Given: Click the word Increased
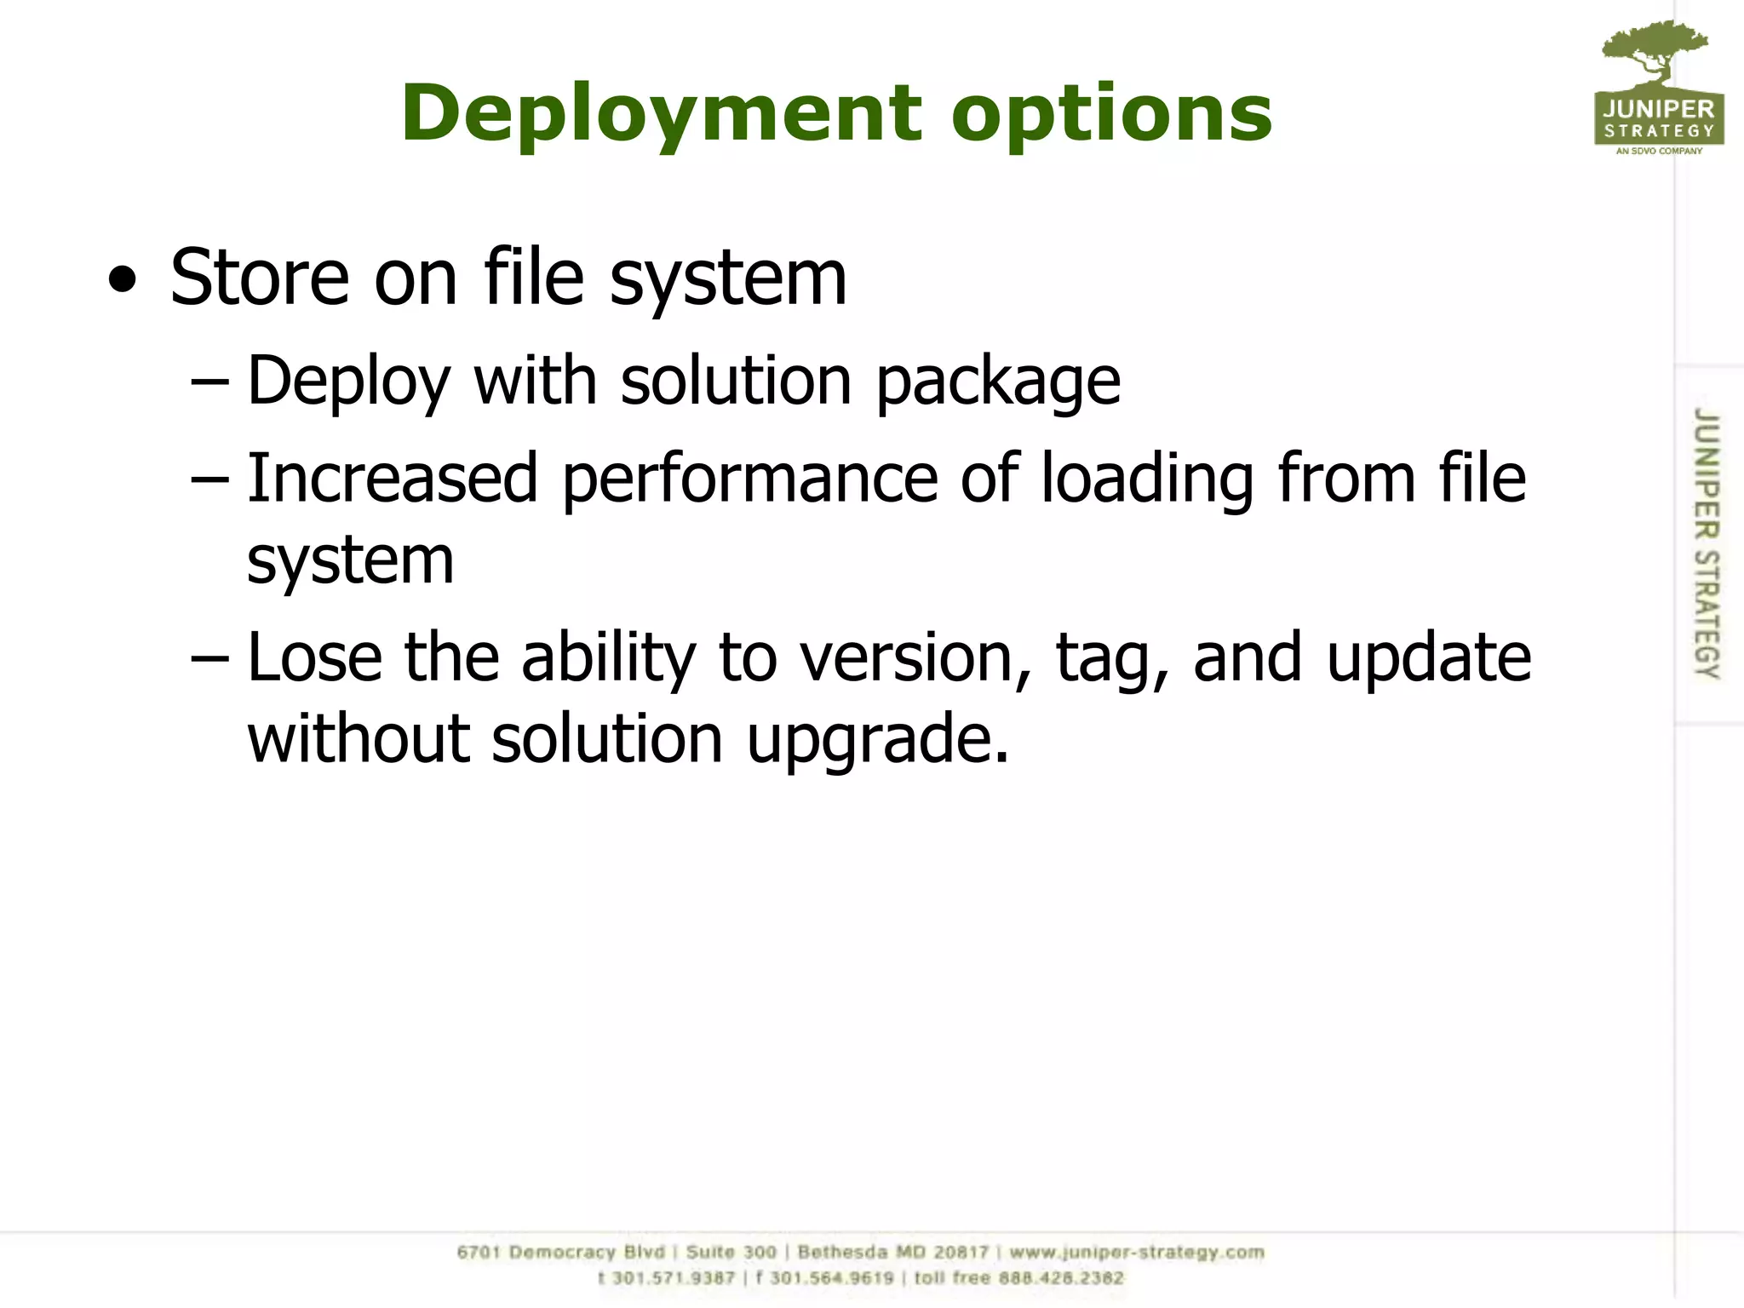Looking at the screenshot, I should coord(392,478).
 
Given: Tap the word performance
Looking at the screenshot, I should coord(749,479).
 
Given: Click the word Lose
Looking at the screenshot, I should coord(314,657).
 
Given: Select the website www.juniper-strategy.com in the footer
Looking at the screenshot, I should coord(1137,1252).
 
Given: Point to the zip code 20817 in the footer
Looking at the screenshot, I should coord(961,1252).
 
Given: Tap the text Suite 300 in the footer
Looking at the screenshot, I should coord(731,1252).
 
